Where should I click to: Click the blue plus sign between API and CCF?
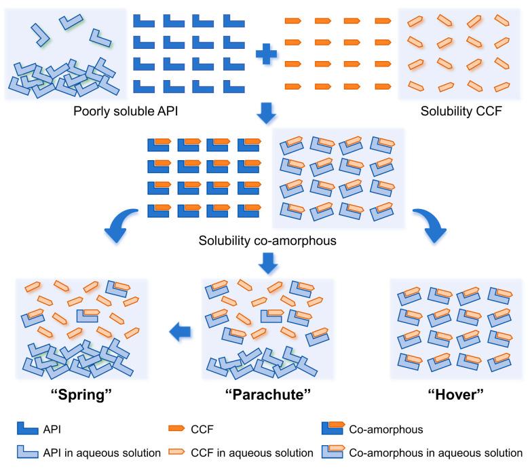266,54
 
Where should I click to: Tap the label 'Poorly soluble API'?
126,111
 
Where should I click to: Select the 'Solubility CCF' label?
461,111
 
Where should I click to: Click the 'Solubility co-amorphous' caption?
267,240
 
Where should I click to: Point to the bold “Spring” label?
81,394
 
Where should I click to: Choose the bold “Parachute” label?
267,394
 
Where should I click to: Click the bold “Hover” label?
455,394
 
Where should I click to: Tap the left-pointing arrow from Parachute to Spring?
180,332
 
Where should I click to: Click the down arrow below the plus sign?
266,113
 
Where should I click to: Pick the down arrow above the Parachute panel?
268,263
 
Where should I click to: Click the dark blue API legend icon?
27,428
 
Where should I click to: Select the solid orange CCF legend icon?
176,428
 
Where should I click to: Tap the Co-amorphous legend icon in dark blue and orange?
333,428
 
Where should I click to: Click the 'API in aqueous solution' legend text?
102,453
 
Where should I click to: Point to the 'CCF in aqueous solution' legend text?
252,453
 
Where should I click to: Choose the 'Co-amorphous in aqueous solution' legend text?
436,453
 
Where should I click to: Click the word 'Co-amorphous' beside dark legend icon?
386,430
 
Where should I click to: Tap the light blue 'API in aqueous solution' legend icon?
27,452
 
